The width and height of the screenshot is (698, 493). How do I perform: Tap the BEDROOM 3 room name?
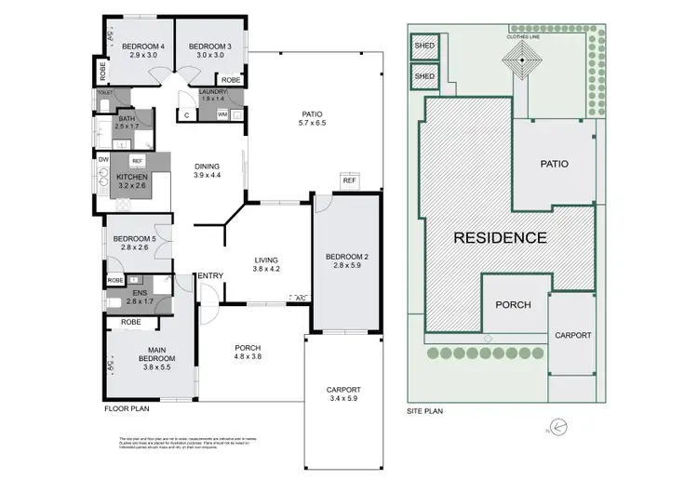point(209,47)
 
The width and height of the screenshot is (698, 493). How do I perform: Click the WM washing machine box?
point(222,114)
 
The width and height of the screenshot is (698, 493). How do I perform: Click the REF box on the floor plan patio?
point(349,180)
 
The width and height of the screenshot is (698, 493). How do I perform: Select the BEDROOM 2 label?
point(346,257)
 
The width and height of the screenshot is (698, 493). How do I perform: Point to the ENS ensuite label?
point(139,293)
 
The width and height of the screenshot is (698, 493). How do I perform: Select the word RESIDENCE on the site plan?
point(500,237)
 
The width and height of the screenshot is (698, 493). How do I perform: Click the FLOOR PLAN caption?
point(126,407)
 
